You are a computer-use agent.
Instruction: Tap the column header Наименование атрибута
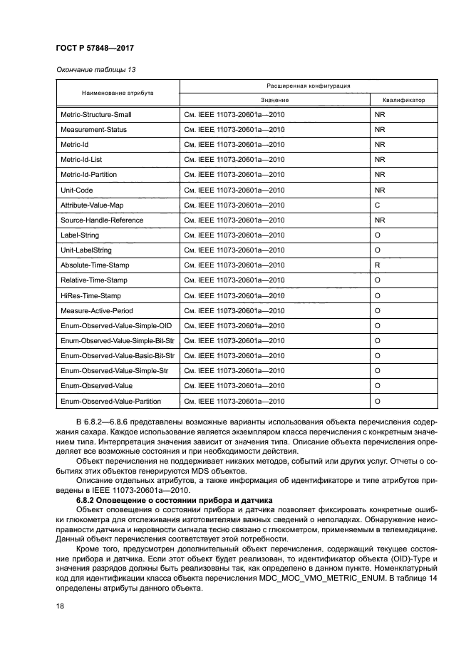(117, 93)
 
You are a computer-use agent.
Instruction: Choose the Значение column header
(274, 100)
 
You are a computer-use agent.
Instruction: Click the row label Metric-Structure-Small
(96, 114)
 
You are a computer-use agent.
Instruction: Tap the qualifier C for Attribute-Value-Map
(377, 205)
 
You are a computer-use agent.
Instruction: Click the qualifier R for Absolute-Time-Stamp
(377, 265)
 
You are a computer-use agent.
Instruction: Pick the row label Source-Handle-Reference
(102, 220)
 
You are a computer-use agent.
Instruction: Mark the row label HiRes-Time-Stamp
(90, 295)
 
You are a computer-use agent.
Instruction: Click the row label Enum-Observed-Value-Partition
(110, 401)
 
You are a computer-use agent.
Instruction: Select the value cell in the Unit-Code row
(234, 190)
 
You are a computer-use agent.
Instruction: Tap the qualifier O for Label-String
(378, 235)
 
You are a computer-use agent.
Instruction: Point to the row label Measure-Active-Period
(96, 310)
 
